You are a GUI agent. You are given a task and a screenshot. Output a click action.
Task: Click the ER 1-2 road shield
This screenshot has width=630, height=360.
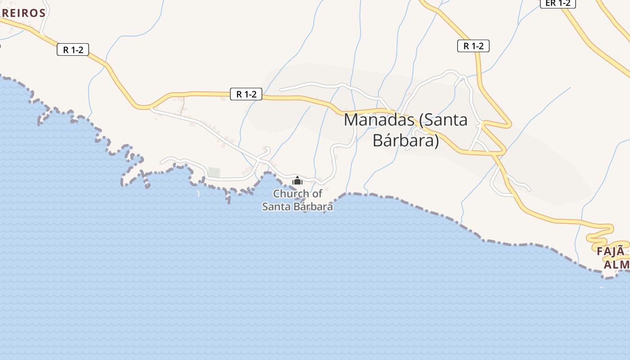tap(558, 3)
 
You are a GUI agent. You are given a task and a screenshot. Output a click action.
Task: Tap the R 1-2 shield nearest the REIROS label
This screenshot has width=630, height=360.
tap(73, 49)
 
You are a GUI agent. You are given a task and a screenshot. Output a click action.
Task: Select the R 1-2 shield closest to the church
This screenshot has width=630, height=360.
tap(246, 94)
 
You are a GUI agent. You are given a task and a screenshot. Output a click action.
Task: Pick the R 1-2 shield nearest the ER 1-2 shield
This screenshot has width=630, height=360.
tap(473, 46)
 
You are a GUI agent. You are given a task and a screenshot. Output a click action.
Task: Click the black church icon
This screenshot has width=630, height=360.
tap(297, 181)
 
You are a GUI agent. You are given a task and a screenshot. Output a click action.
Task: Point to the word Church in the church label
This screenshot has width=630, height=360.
tap(291, 194)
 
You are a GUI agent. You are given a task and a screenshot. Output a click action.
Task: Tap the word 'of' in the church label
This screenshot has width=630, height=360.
tap(317, 194)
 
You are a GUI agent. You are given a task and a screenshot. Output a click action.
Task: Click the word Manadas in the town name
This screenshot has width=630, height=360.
tap(379, 120)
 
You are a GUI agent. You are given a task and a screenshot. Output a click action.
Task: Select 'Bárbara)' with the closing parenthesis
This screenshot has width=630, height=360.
tap(405, 140)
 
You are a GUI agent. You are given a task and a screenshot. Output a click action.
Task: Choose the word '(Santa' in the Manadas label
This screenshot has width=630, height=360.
tap(443, 120)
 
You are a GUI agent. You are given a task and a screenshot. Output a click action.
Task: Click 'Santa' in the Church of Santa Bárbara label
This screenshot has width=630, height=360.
tap(276, 207)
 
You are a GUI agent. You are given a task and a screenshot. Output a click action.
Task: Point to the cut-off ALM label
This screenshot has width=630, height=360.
tap(616, 264)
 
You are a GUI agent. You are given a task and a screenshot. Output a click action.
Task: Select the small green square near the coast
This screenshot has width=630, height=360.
tap(214, 172)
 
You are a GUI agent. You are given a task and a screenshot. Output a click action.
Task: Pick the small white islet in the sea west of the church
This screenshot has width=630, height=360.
tap(198, 194)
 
